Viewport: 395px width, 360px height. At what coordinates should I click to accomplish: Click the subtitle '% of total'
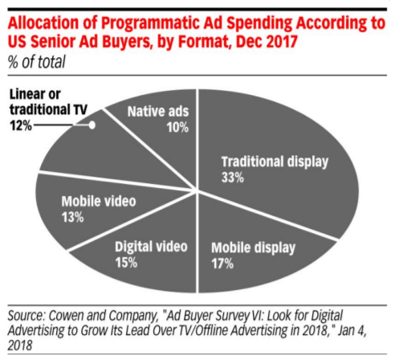[x=37, y=61]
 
